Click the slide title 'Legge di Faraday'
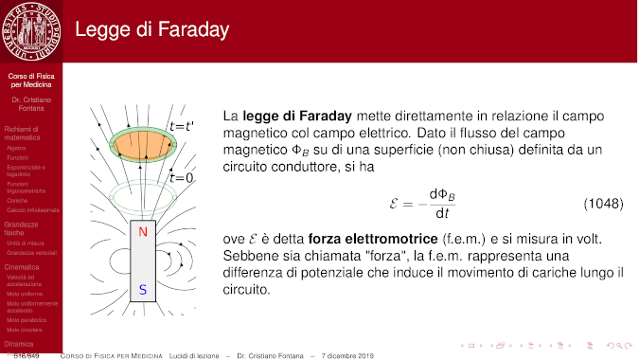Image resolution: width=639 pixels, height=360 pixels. click(151, 30)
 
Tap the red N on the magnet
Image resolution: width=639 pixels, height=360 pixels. click(142, 232)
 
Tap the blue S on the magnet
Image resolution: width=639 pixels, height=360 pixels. click(142, 291)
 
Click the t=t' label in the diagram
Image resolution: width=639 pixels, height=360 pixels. click(182, 126)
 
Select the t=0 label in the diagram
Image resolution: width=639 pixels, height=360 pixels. click(182, 177)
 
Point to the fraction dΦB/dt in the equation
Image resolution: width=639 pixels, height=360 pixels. click(441, 204)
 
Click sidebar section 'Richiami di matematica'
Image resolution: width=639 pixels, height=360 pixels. click(24, 133)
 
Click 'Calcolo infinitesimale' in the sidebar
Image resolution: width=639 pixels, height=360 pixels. click(33, 209)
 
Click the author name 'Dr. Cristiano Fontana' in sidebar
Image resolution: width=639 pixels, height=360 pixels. click(30, 103)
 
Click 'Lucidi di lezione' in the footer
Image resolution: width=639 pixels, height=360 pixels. click(196, 354)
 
